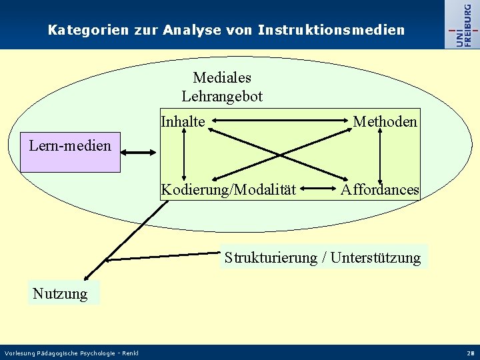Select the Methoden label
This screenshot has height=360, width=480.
pyautogui.click(x=385, y=121)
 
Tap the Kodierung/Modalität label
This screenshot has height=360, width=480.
pyautogui.click(x=229, y=190)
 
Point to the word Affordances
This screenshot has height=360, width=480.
pyautogui.click(x=380, y=190)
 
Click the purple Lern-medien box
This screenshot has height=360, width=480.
pyautogui.click(x=70, y=153)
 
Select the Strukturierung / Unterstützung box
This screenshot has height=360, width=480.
pyautogui.click(x=323, y=257)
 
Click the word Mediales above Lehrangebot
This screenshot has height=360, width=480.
pyautogui.click(x=222, y=79)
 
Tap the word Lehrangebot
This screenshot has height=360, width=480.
pyautogui.click(x=222, y=97)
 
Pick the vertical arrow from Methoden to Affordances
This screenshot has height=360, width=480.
pyautogui.click(x=379, y=155)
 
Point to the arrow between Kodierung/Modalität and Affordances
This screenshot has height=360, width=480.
pyautogui.click(x=318, y=190)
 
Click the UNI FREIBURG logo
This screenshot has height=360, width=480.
pyautogui.click(x=461, y=25)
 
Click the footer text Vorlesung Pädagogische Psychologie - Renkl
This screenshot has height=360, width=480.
pyautogui.click(x=71, y=353)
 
